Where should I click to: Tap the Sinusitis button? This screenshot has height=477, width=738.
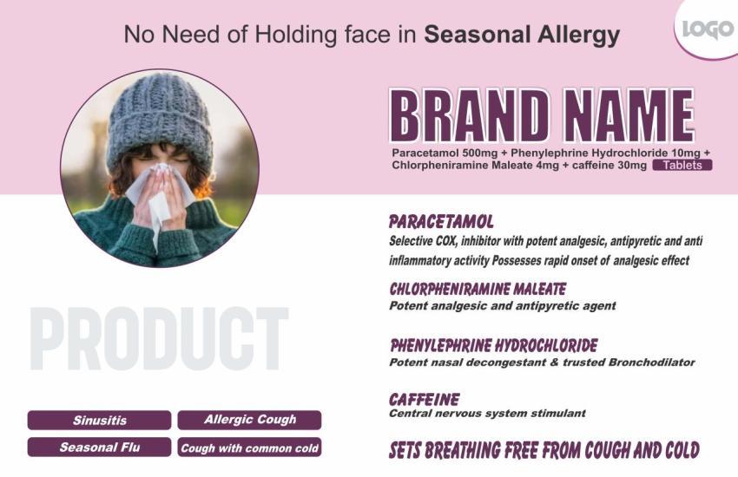click(x=100, y=421)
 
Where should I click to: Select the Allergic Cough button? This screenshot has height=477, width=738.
click(x=249, y=420)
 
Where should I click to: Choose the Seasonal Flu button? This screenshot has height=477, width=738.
click(x=100, y=448)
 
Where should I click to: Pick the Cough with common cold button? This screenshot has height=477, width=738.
click(x=249, y=448)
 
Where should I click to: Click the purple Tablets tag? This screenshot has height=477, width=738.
click(x=682, y=165)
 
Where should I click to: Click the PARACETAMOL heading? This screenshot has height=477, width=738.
click(x=441, y=221)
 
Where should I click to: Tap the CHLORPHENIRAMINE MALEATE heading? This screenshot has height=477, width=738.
click(x=477, y=289)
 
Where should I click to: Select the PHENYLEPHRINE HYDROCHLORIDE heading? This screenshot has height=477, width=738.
click(x=493, y=345)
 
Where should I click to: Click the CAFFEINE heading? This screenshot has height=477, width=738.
click(x=424, y=400)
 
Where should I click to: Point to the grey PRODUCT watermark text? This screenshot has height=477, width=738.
click(x=158, y=338)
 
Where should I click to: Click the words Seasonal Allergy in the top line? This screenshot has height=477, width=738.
click(x=522, y=35)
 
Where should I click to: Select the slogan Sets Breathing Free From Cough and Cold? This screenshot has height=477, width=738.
click(x=544, y=451)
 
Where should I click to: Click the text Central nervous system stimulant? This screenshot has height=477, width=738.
click(x=487, y=414)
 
